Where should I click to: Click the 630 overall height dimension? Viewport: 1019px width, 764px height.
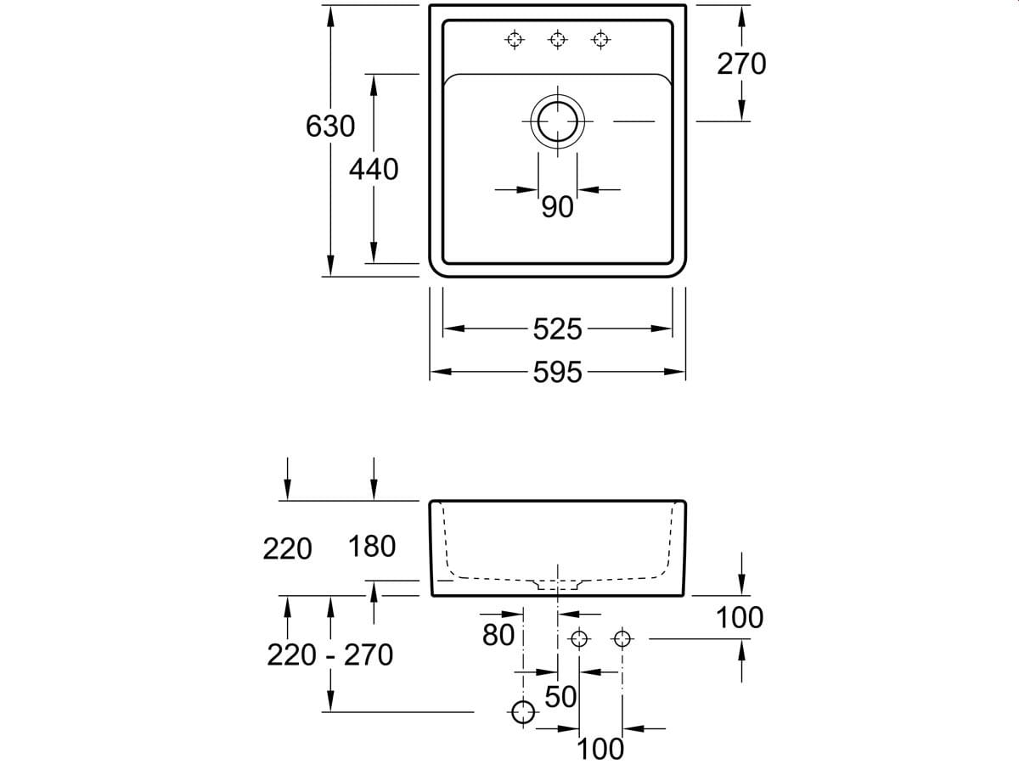pyautogui.click(x=330, y=126)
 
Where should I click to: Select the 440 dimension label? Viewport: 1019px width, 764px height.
pyautogui.click(x=374, y=169)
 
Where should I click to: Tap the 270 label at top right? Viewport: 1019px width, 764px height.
pyautogui.click(x=741, y=64)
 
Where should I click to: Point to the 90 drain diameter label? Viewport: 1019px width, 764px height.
pyautogui.click(x=558, y=207)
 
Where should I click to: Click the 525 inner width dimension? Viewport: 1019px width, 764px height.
pyautogui.click(x=558, y=329)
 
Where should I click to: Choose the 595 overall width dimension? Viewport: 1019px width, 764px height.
pyautogui.click(x=558, y=372)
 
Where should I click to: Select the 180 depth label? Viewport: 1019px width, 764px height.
pyautogui.click(x=372, y=547)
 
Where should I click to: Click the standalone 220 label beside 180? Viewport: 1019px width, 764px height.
pyautogui.click(x=287, y=549)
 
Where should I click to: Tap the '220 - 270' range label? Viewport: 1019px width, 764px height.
pyautogui.click(x=329, y=654)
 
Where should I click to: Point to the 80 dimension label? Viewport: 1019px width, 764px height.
pyautogui.click(x=498, y=634)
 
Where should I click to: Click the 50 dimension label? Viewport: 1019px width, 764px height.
pyautogui.click(x=561, y=697)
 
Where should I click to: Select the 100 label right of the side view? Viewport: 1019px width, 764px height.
pyautogui.click(x=739, y=618)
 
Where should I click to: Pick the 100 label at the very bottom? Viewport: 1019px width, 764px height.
pyautogui.click(x=600, y=749)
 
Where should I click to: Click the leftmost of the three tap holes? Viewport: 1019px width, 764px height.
pyautogui.click(x=514, y=38)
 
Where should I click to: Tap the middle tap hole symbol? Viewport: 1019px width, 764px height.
pyautogui.click(x=558, y=38)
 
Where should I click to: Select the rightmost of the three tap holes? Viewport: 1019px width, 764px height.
pyautogui.click(x=601, y=38)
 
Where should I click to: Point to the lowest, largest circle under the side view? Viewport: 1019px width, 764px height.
pyautogui.click(x=523, y=711)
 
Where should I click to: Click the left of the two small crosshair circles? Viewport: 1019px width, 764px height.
pyautogui.click(x=579, y=638)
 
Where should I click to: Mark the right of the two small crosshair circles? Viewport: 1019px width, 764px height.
pyautogui.click(x=622, y=638)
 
